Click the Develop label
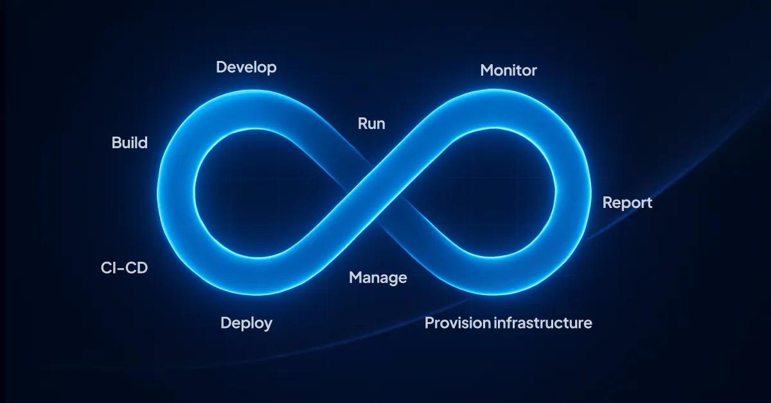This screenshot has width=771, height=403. point(246,67)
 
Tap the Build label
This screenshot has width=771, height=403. point(129,142)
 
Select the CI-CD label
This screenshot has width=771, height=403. point(124,267)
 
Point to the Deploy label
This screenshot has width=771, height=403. point(246,323)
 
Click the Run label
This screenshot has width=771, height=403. point(371,123)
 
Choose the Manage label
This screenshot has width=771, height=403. point(378,278)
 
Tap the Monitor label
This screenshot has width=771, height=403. point(508,70)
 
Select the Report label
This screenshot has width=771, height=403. point(627,203)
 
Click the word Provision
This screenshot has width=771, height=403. point(457,323)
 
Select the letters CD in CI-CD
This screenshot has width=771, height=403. point(136,267)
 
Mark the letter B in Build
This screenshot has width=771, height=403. point(116,142)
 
